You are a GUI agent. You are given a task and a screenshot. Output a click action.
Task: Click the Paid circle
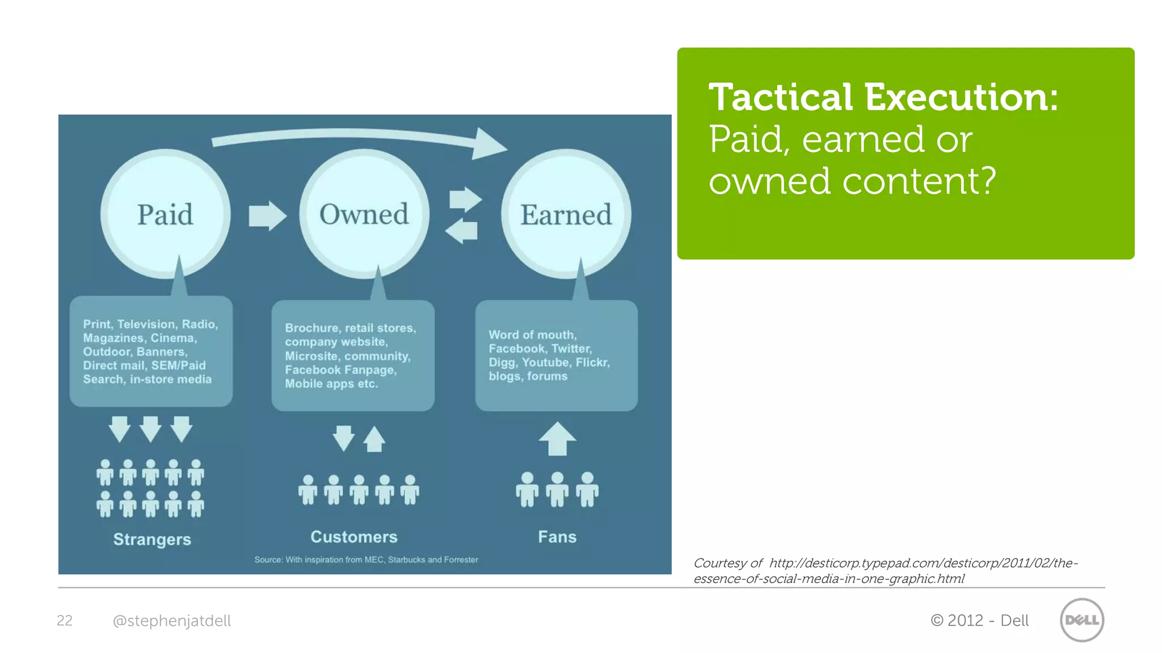tap(165, 214)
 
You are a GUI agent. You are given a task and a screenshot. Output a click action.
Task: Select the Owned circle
tap(364, 214)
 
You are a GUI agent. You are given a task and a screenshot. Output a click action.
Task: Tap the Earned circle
tap(566, 214)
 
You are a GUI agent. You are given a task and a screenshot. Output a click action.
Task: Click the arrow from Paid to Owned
tap(267, 216)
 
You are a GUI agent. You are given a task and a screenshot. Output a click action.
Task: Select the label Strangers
tap(152, 539)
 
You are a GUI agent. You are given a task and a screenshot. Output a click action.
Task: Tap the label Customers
tap(354, 537)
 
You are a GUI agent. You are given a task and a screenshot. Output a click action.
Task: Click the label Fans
tap(557, 537)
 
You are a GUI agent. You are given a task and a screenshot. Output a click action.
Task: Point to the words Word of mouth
tap(532, 335)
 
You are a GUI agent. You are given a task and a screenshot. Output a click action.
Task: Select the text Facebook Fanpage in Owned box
tap(340, 370)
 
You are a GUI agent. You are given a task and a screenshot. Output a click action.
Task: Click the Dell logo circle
tap(1081, 620)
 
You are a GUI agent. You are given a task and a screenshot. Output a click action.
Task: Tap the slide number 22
tap(65, 621)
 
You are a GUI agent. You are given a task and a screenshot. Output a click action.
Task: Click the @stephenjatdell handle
tap(172, 621)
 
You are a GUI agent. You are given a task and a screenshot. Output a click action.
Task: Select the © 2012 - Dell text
tap(979, 621)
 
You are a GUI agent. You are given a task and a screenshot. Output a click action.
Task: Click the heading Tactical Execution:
tap(883, 97)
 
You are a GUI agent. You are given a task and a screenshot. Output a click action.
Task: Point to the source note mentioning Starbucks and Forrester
tap(366, 560)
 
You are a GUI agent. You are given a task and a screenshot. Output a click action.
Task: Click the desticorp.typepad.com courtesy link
tap(885, 571)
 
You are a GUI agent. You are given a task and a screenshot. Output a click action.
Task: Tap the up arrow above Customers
tap(374, 439)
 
